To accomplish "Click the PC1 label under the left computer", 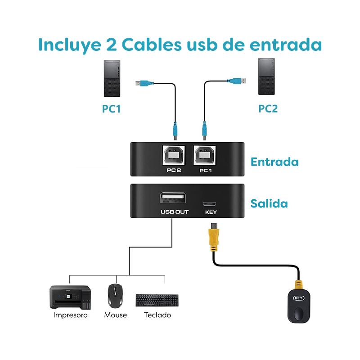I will pos(111,108).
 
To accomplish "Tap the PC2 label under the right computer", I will pos(268,108).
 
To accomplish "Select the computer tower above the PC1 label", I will pos(112,79).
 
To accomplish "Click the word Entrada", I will pos(274,162).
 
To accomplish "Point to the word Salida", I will pos(269,203).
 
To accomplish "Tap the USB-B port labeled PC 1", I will pos(205,156).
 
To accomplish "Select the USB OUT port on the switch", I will pos(171,199).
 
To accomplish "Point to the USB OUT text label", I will pos(175,212).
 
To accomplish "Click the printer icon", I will pos(71,297).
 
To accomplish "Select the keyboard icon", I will pos(157,300).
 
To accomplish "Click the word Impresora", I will pos(70,315).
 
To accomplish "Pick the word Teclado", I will pos(157,315).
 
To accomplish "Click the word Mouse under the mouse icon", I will pos(115,315).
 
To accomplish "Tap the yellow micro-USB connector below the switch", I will pos(213,239).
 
